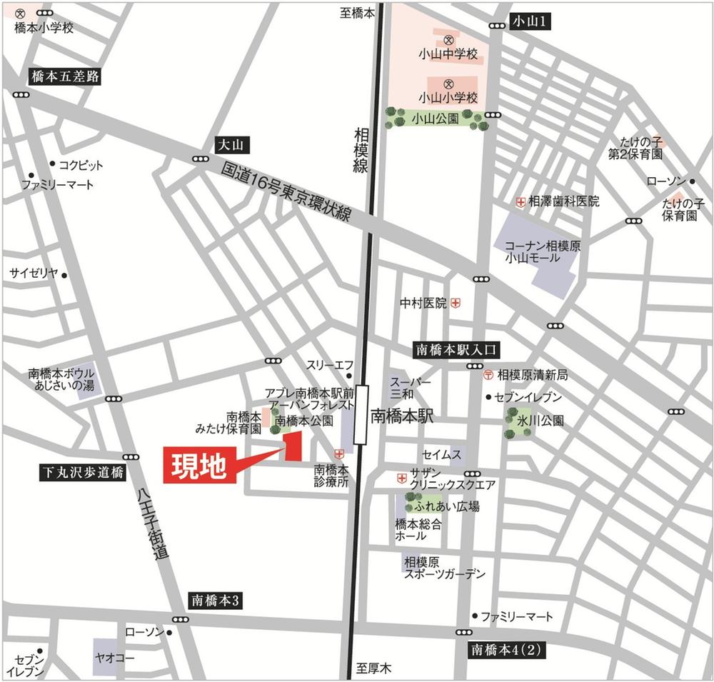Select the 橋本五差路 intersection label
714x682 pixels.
point(65,76)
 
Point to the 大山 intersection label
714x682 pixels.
point(232,146)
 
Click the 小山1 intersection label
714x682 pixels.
point(532,22)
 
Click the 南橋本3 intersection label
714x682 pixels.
point(217,600)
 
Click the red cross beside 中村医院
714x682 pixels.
point(456,304)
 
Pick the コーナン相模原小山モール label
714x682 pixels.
point(537,251)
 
